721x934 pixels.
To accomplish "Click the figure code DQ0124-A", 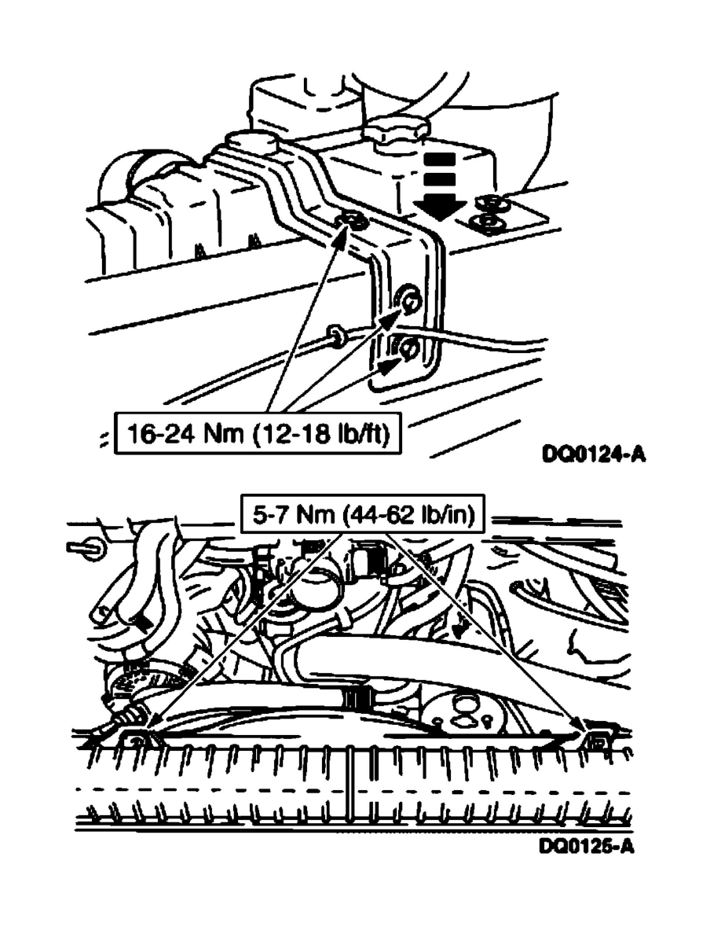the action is click(x=594, y=454).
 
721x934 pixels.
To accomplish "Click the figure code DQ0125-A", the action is click(x=587, y=846).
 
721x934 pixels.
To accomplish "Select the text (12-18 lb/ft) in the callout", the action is click(x=320, y=433).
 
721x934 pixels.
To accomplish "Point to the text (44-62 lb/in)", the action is click(x=409, y=514).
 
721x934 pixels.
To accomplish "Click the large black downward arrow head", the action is click(x=440, y=208).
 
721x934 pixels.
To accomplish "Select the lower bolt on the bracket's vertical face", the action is click(x=410, y=348).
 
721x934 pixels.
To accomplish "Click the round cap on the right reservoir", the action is click(x=397, y=131).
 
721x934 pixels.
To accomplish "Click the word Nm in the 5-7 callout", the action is click(x=316, y=514).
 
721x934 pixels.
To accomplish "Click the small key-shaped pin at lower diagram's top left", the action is click(x=82, y=547).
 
